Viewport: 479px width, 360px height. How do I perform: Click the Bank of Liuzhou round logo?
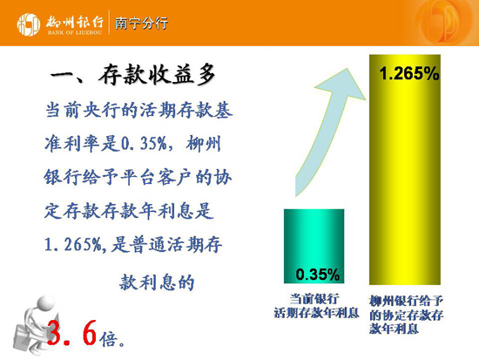29,24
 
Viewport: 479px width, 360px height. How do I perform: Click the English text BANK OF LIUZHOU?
75,32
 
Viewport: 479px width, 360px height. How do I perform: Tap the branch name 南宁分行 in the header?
141,24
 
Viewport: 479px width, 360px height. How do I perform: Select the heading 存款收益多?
157,75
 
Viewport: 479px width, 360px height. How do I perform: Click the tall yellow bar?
405,169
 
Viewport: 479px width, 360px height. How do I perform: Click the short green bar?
314,246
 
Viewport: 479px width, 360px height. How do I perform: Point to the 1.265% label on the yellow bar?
409,74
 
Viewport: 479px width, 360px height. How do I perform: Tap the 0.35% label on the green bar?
317,274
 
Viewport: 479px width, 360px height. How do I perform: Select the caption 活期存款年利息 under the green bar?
316,313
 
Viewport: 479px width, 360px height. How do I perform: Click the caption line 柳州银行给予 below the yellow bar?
406,301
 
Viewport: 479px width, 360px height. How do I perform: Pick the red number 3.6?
71,333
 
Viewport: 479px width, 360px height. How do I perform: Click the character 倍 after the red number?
108,339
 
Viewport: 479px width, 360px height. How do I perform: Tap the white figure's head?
46,302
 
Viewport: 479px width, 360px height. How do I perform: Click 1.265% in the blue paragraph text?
73,245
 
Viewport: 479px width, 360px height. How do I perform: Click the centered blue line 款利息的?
157,282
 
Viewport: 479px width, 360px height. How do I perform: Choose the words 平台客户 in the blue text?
156,177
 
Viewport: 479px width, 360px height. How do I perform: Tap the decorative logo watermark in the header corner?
444,23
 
